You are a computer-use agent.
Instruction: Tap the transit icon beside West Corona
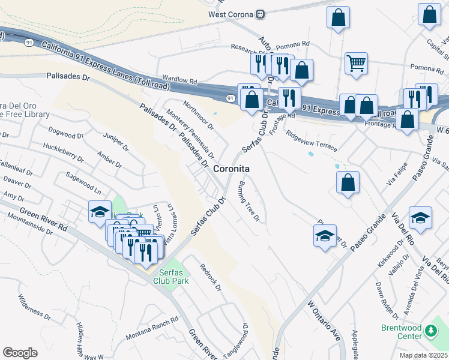click(x=260, y=14)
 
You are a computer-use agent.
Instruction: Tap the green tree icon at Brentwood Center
click(x=430, y=331)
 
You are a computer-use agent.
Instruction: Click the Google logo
click(x=20, y=353)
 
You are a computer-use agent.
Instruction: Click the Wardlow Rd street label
click(x=179, y=80)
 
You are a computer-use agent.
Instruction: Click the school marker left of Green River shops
click(x=100, y=212)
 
